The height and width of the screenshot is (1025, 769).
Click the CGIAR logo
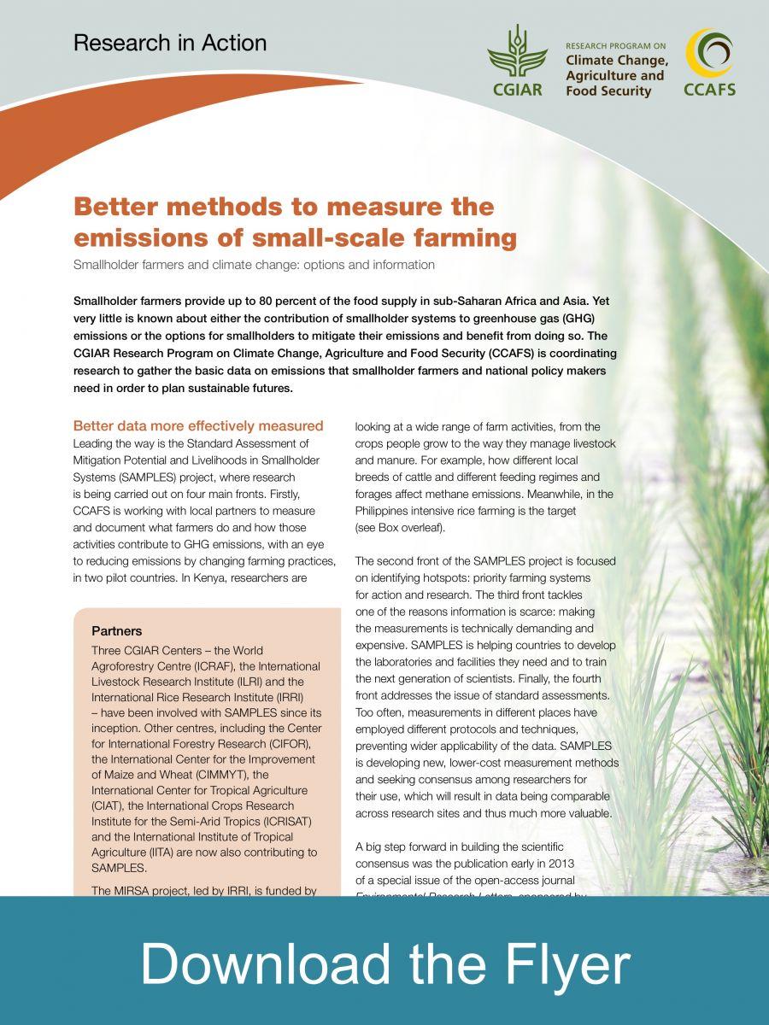[517, 60]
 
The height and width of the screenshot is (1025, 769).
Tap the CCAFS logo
[709, 61]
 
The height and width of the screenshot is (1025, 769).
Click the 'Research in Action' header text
[170, 43]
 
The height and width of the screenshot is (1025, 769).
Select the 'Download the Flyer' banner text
[384, 963]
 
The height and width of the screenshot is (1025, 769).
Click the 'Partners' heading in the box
[116, 631]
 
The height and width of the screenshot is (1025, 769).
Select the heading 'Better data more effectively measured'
[198, 425]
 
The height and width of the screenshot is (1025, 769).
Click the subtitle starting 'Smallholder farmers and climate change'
[254, 265]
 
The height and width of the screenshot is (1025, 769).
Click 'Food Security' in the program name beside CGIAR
[608, 91]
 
